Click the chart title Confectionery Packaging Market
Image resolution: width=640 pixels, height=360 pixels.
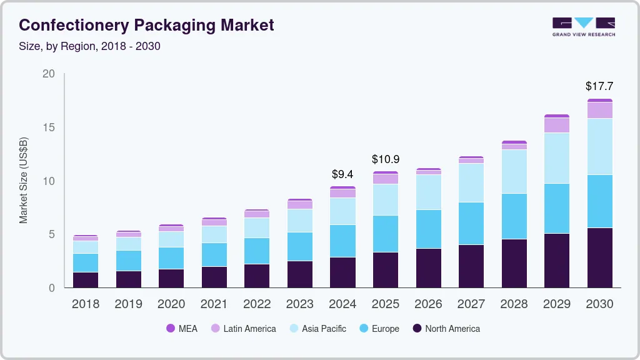(x=146, y=25)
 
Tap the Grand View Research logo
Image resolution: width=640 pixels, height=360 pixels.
(x=583, y=27)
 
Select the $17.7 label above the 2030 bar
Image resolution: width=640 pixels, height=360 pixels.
(x=599, y=86)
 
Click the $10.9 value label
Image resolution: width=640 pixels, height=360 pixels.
(x=385, y=159)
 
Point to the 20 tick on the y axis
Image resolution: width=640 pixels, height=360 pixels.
(x=49, y=74)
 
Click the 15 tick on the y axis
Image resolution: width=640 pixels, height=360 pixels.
(x=49, y=127)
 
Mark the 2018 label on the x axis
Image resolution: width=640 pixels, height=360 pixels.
(x=85, y=304)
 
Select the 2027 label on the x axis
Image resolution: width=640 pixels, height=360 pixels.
(x=471, y=304)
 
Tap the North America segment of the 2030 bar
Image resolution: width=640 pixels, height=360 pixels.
(x=599, y=257)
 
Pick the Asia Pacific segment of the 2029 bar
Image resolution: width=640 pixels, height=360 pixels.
(x=556, y=158)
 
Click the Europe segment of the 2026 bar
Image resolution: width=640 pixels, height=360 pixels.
(x=428, y=229)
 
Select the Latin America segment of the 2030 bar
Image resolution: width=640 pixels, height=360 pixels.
(x=599, y=110)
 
